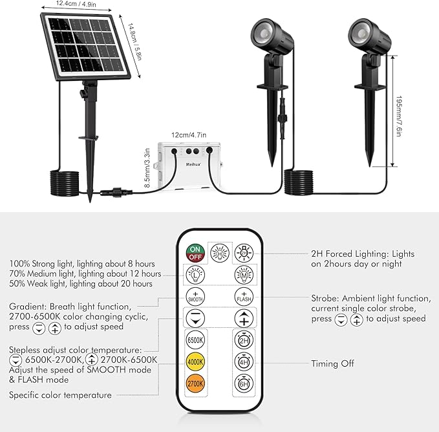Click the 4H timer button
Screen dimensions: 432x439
coord(244,362)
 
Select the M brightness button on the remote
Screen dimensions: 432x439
coord(244,274)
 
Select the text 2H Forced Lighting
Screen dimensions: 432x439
coord(349,254)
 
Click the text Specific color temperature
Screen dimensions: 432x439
coord(60,394)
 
